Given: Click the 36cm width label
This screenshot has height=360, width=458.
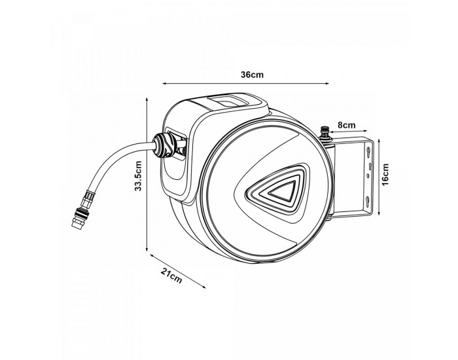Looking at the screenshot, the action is [x=252, y=75].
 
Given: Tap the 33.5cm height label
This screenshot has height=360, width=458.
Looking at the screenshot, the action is [x=138, y=176].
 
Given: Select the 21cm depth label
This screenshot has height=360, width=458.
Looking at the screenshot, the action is [x=171, y=276].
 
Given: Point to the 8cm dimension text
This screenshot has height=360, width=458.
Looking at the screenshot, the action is [x=347, y=125].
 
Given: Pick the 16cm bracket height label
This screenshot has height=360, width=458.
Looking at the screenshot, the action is [x=385, y=175].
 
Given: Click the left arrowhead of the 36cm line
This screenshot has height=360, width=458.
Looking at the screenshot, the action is [x=164, y=83].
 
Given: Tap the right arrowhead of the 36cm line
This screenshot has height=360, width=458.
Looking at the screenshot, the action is [x=327, y=83].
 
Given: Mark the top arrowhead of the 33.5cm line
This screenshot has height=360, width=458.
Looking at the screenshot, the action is [x=147, y=99].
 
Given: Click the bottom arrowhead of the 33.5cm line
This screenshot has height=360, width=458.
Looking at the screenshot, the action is [x=147, y=249].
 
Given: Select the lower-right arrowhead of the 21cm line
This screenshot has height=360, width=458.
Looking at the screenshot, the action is [x=203, y=287].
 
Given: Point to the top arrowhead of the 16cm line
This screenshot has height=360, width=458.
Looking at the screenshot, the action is [x=379, y=141].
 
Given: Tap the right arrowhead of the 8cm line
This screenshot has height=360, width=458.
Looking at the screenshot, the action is [x=365, y=131].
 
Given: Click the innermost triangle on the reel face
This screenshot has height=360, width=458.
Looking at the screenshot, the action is [x=283, y=191].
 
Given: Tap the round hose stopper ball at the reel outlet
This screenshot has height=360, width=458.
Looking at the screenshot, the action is [x=164, y=145].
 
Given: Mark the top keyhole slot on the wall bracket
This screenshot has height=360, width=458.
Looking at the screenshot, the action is [x=368, y=152].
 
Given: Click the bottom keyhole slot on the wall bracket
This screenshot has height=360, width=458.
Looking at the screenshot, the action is [x=368, y=202].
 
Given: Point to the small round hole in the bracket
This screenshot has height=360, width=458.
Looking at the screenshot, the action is [x=368, y=175].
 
